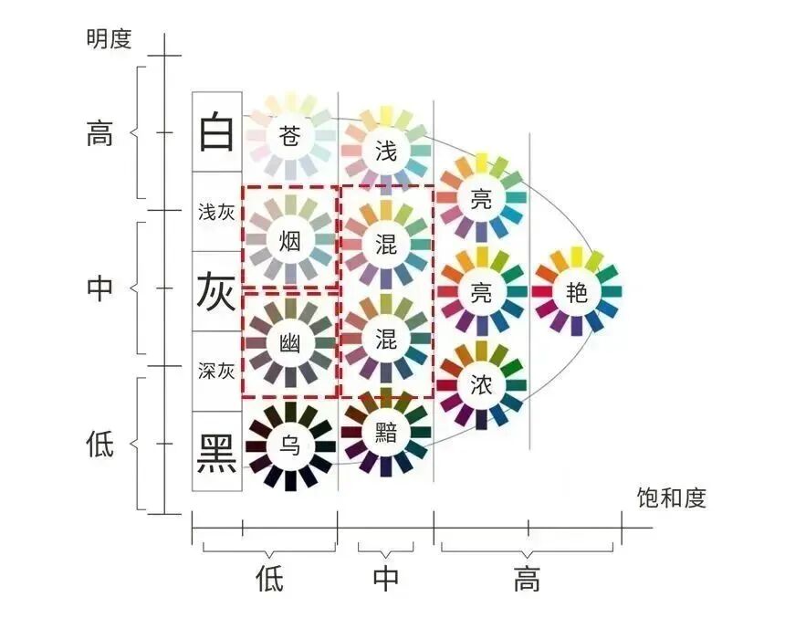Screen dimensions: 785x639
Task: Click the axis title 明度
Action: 109,38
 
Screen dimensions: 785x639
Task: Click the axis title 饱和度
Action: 672,498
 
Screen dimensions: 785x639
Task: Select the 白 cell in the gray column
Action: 217,132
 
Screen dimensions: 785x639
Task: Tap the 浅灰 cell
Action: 217,212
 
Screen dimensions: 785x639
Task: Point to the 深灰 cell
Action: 217,371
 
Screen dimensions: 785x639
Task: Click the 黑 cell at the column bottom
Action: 217,450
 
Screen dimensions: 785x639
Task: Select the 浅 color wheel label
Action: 386,150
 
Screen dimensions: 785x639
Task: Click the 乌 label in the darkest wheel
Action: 289,446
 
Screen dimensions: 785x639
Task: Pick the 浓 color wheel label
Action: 481,384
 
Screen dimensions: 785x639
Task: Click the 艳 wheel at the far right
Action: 576,292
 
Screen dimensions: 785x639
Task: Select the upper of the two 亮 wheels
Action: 481,198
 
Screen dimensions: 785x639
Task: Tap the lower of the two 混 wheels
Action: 386,339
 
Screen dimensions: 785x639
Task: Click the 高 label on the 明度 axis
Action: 99,133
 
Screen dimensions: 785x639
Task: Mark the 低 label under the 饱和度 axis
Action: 269,579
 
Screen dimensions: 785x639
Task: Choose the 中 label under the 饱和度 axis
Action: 386,579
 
